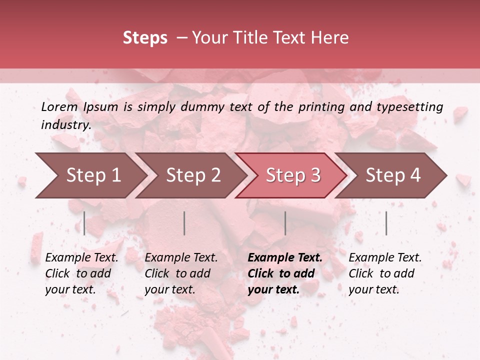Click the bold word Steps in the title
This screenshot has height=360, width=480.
click(x=145, y=38)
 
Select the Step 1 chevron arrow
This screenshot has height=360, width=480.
click(x=90, y=175)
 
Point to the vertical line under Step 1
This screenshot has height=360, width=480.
click(x=84, y=223)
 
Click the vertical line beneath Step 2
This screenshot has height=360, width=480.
click(x=184, y=223)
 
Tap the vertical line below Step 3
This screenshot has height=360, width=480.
click(x=285, y=223)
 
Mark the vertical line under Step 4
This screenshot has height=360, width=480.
click(x=386, y=223)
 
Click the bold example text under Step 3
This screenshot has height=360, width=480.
click(x=285, y=273)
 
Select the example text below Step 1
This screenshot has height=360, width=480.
click(x=81, y=273)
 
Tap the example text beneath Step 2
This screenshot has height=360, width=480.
click(x=181, y=273)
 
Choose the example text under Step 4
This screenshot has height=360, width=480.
click(x=385, y=273)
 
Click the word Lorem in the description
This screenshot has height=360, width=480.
click(x=59, y=107)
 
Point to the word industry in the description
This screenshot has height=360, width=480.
click(x=66, y=125)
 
